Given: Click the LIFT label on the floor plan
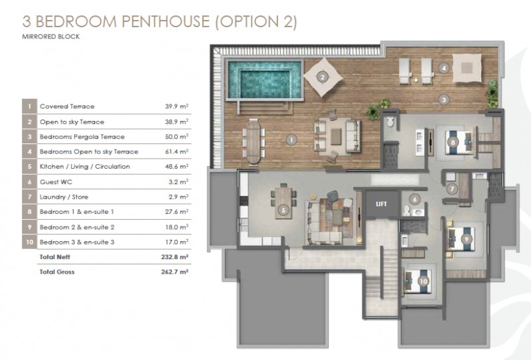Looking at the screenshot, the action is [381, 204].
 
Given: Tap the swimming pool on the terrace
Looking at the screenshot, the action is [264, 80].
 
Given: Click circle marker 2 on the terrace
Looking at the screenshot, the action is [323, 77].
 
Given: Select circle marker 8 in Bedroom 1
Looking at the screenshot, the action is [453, 142].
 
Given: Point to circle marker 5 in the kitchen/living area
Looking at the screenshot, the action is [283, 211].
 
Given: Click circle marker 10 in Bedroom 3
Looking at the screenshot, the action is [423, 281].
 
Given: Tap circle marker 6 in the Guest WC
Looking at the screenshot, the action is [414, 199].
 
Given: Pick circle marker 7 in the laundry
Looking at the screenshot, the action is [452, 189].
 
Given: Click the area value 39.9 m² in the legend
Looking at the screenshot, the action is [177, 106].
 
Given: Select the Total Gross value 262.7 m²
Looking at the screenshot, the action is [175, 272].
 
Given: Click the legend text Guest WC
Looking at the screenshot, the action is [56, 182].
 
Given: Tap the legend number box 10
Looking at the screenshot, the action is [29, 242].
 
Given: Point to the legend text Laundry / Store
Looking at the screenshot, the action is [64, 197].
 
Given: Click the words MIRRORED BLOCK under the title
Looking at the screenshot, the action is [51, 37].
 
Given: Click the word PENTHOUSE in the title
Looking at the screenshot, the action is [165, 21].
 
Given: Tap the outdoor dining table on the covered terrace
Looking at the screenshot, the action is [254, 141].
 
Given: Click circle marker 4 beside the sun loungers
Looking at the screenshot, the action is [443, 68].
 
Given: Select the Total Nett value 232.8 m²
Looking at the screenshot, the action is [175, 256].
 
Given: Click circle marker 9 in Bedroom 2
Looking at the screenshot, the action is [467, 239].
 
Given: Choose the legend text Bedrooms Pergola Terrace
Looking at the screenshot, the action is [82, 137].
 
